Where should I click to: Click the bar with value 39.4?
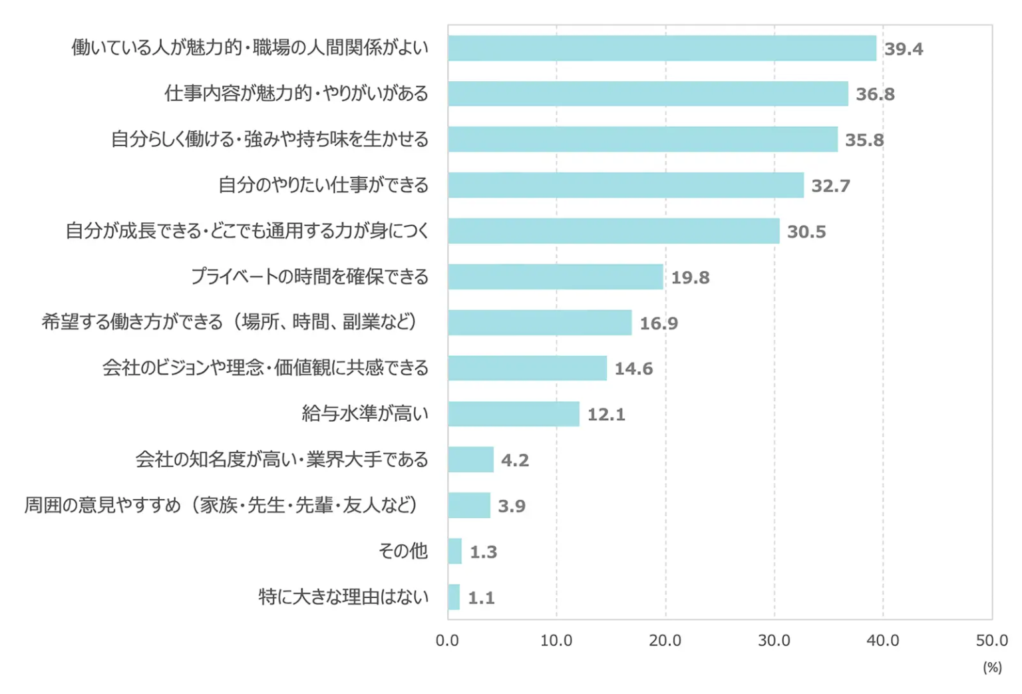coord(661,48)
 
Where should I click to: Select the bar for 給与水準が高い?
coord(513,414)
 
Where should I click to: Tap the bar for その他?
coord(454,551)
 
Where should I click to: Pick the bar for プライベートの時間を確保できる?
coord(555,277)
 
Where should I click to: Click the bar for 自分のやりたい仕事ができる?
coord(625,185)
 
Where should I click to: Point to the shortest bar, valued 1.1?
coord(454,597)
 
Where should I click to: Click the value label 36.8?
coord(875,94)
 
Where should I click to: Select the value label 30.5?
coord(806,232)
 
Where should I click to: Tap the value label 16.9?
coord(659,323)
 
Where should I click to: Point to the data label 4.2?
coord(515,460)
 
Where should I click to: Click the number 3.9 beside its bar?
coord(512,506)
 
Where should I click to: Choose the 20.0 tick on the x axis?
coord(665,640)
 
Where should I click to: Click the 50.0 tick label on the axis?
coord(991,640)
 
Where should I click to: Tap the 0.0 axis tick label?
coord(448,640)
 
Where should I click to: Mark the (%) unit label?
coord(992,667)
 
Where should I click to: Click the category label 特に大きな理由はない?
coord(343,597)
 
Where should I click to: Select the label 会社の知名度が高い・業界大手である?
coord(282,459)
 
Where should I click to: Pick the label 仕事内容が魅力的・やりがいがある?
coord(297,93)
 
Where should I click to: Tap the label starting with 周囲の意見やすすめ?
coord(221,505)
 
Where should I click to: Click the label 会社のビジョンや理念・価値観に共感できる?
coord(265,367)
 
